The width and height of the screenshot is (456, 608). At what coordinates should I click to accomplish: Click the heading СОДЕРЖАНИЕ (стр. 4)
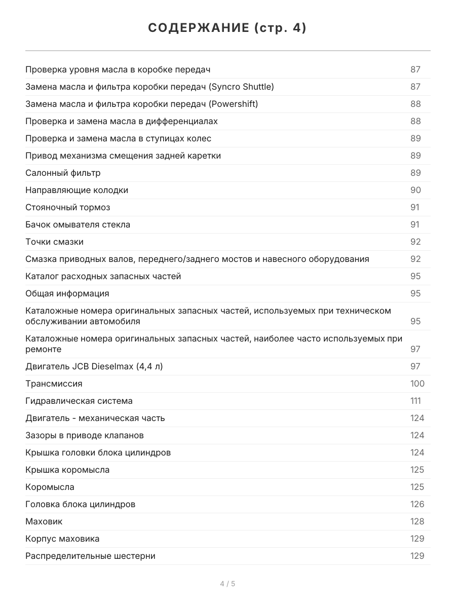coord(227,28)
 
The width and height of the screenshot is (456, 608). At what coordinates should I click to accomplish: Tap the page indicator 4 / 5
coord(227,584)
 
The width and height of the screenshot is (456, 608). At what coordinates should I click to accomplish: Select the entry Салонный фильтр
coord(63,173)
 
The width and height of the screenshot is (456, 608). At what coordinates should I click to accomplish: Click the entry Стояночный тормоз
coord(67,207)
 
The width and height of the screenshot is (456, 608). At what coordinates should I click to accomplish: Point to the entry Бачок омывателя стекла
coord(78,224)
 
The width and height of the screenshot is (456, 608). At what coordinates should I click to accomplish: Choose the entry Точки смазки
coord(54,242)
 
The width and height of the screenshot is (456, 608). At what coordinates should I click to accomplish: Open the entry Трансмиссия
coord(54,384)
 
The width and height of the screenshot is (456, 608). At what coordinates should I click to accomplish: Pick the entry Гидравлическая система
coord(79,401)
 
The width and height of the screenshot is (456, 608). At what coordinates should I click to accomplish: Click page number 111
coord(415,401)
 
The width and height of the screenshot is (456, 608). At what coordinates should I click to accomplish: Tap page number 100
coord(417,384)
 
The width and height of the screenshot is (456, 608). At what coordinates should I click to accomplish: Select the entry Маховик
coord(44,521)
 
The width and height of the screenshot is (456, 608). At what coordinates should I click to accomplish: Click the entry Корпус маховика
coord(62,539)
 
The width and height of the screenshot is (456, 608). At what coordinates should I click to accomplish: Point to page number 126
coord(417,504)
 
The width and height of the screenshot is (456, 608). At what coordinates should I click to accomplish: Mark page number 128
coord(417,521)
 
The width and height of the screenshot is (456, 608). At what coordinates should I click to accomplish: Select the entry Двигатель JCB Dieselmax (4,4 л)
coord(94,366)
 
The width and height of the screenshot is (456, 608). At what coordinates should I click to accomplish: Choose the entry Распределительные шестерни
coord(90,556)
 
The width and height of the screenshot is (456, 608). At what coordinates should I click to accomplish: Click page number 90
coord(415,190)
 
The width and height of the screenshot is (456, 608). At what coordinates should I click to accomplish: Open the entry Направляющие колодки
coord(77,190)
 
